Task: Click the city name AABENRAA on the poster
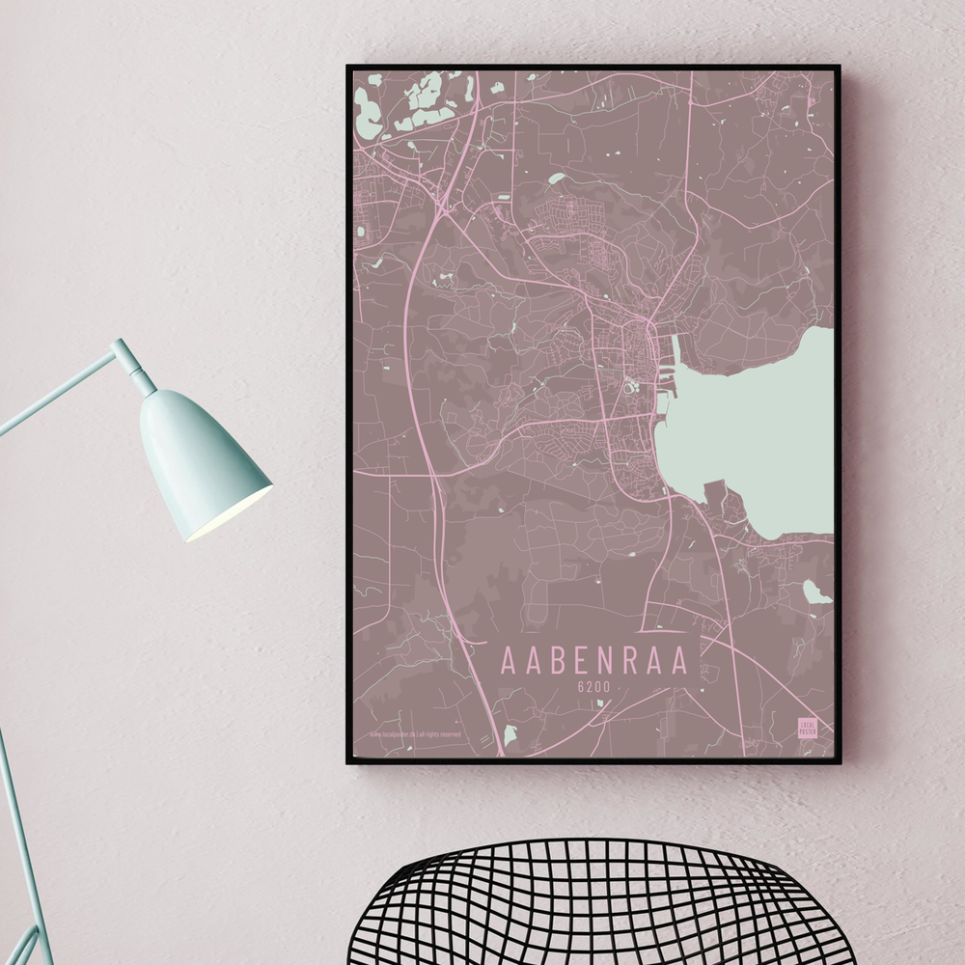(x=594, y=661)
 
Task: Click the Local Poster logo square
(x=807, y=729)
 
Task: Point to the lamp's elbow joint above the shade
(x=124, y=351)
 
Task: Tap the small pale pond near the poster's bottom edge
(x=510, y=735)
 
